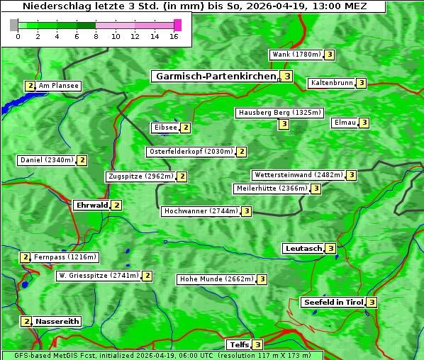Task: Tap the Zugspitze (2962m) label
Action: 140,176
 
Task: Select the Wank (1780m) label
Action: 296,55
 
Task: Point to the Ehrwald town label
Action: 91,206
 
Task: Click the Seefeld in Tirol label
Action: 333,303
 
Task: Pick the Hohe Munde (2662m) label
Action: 216,279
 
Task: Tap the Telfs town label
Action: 238,345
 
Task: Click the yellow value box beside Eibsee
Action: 186,128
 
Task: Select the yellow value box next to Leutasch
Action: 330,249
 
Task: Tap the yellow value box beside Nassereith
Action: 26,322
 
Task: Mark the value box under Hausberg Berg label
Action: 284,125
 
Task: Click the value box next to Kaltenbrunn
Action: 361,84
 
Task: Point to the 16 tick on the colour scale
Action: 174,37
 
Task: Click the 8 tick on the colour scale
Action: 96,37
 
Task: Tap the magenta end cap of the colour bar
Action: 177,25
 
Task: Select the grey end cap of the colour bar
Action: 14,25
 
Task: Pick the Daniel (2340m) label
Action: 47,160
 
